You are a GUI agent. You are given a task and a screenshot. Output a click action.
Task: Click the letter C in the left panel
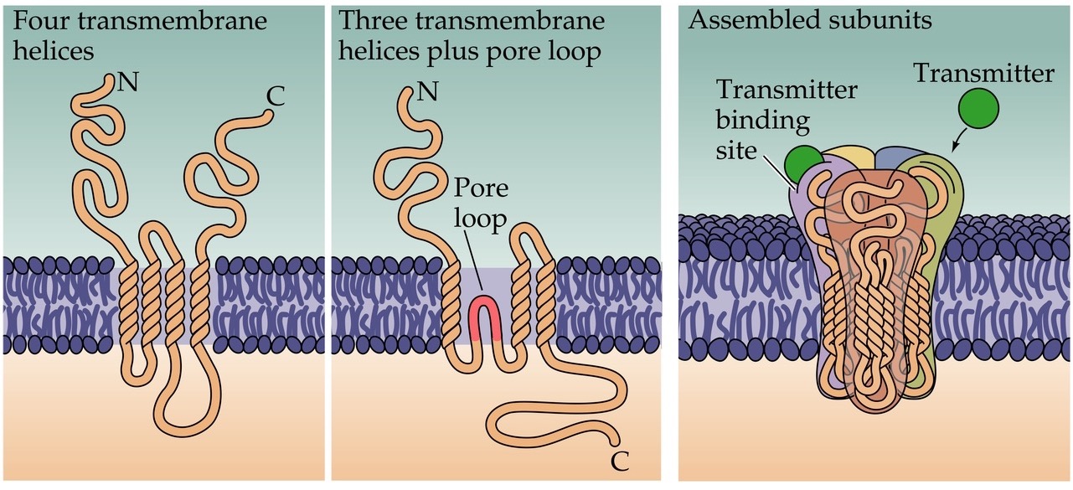click(274, 98)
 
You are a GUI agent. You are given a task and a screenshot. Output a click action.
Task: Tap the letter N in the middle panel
click(427, 89)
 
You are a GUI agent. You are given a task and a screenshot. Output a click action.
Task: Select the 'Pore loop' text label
click(481, 204)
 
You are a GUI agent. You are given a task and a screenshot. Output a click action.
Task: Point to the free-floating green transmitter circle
click(978, 110)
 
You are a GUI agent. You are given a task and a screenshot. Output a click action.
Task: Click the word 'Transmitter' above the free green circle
click(983, 74)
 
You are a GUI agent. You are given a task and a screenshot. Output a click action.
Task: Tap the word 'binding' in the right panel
click(762, 120)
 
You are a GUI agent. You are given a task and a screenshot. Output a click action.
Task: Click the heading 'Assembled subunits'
click(809, 20)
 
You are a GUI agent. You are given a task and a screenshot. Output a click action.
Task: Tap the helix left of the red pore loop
click(450, 307)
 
